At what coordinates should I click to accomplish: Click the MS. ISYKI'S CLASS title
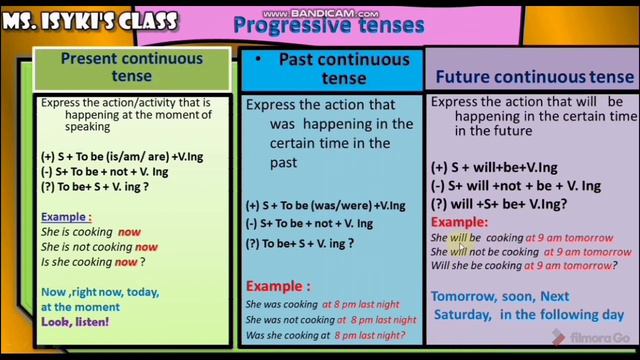pyautogui.click(x=89, y=20)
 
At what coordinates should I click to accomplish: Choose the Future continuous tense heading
pyautogui.click(x=534, y=77)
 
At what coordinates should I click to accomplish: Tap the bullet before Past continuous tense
pyautogui.click(x=258, y=59)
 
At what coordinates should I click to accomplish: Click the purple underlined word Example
pyautogui.click(x=65, y=217)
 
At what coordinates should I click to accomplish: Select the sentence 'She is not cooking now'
pyautogui.click(x=98, y=247)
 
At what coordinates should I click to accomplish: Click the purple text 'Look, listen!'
pyautogui.click(x=76, y=322)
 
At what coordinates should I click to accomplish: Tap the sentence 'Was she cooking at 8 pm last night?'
pyautogui.click(x=331, y=334)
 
